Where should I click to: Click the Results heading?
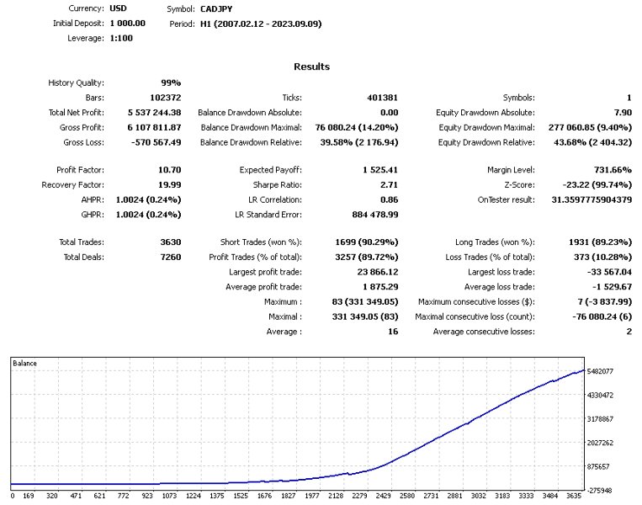pyautogui.click(x=311, y=66)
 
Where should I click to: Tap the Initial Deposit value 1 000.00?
pyautogui.click(x=128, y=24)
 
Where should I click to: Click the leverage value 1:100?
pyautogui.click(x=122, y=39)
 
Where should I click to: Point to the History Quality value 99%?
pyautogui.click(x=171, y=82)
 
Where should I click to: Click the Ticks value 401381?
pyautogui.click(x=379, y=98)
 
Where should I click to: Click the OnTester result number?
pyautogui.click(x=575, y=199)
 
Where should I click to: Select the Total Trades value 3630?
pyautogui.click(x=167, y=242)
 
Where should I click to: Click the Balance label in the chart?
pyautogui.click(x=25, y=364)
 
